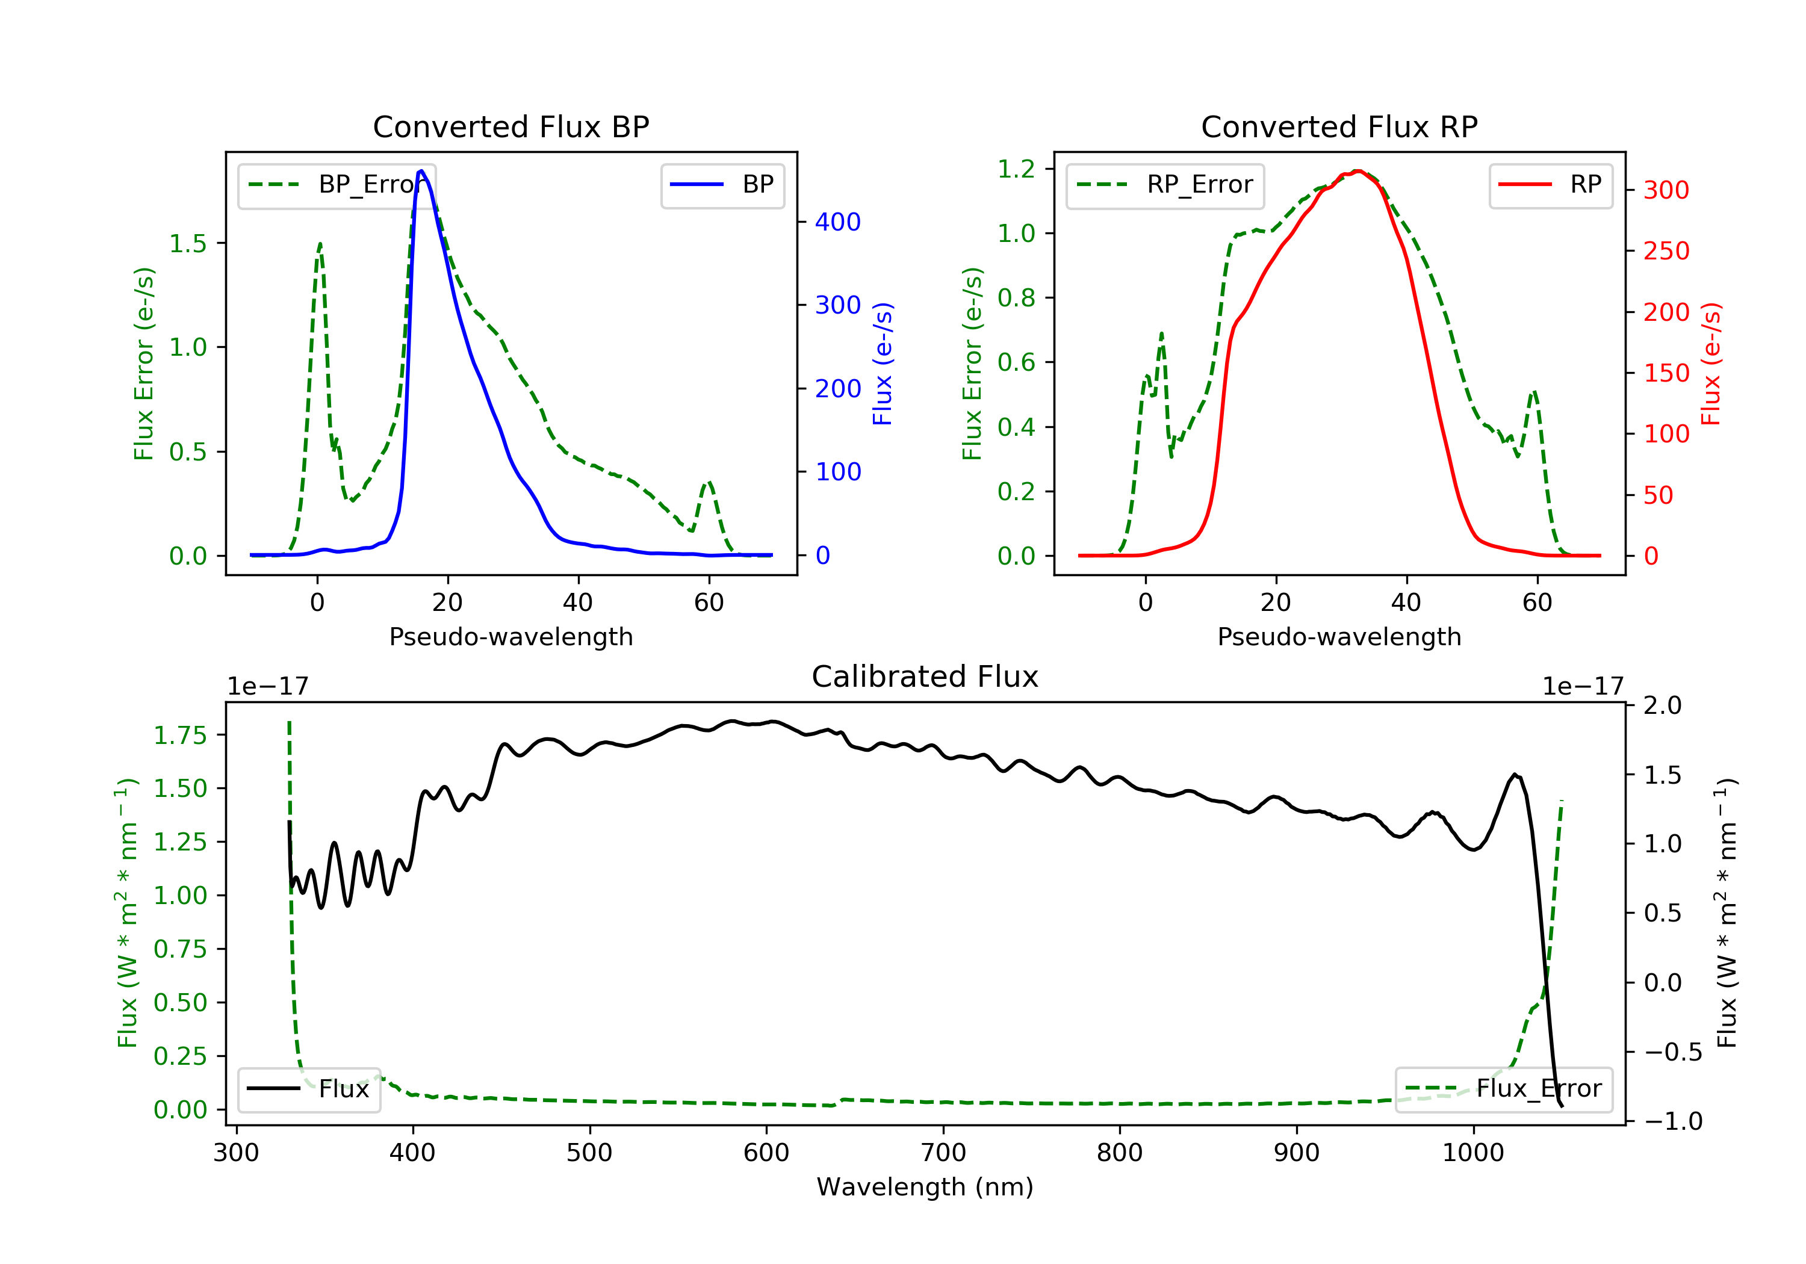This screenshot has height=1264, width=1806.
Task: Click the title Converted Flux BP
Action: click(x=510, y=126)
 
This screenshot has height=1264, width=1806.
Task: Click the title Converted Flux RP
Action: click(x=1339, y=126)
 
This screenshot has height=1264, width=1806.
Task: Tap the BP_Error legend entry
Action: click(x=337, y=185)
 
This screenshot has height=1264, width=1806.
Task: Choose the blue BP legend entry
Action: click(x=722, y=185)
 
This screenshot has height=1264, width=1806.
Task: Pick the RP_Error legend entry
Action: click(x=1165, y=185)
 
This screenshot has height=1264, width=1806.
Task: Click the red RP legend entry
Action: click(x=1550, y=185)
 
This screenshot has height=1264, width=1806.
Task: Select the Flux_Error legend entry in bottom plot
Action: click(x=1503, y=1089)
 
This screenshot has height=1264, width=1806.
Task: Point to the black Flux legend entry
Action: click(x=309, y=1089)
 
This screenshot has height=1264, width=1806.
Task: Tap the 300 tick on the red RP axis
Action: click(x=1666, y=190)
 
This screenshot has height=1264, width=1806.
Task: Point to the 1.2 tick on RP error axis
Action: click(x=1016, y=169)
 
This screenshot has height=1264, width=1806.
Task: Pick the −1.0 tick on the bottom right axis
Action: click(x=1672, y=1121)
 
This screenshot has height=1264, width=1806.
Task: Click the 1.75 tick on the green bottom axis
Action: click(x=180, y=735)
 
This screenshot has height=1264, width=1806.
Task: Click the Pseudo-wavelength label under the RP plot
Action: click(x=1339, y=636)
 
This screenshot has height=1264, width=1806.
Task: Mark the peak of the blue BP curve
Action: click(x=421, y=171)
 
